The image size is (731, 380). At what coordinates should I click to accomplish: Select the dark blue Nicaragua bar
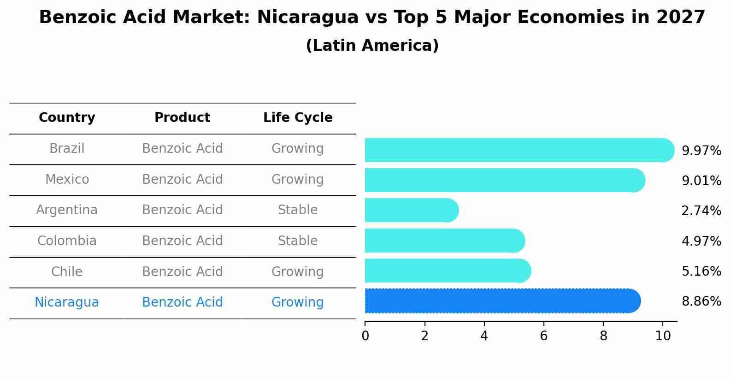502,301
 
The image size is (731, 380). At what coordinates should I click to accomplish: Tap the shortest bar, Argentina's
411,211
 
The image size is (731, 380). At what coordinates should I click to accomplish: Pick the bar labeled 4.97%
444,241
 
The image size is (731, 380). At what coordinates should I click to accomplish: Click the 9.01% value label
701,181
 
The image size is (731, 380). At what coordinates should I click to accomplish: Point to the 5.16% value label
701,271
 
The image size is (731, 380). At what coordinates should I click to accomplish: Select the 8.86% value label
701,302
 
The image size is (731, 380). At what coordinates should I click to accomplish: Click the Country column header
67,118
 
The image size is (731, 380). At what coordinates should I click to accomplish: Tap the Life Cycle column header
298,118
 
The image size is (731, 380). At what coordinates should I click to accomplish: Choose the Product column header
182,118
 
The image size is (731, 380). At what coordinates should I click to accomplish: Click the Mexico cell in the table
67,179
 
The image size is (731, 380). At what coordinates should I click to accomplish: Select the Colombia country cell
67,241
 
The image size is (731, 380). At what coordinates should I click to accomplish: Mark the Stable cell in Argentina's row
298,210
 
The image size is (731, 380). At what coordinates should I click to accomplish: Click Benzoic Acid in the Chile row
182,271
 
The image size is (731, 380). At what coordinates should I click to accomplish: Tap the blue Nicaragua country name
67,302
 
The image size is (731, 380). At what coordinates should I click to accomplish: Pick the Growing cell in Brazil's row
298,149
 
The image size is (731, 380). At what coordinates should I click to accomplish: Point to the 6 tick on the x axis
543,336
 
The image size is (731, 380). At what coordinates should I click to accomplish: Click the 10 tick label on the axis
663,336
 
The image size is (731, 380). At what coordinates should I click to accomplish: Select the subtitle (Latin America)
372,46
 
